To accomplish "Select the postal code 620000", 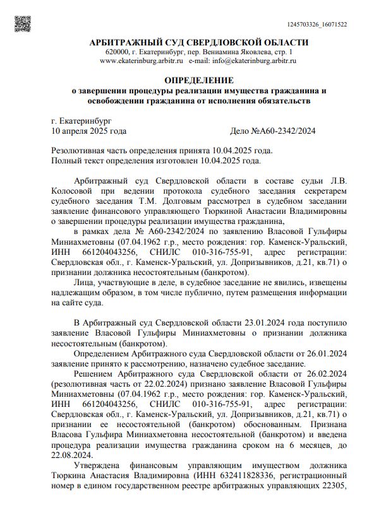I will pos(118,52).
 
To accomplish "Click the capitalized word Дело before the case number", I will pos(242,131).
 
